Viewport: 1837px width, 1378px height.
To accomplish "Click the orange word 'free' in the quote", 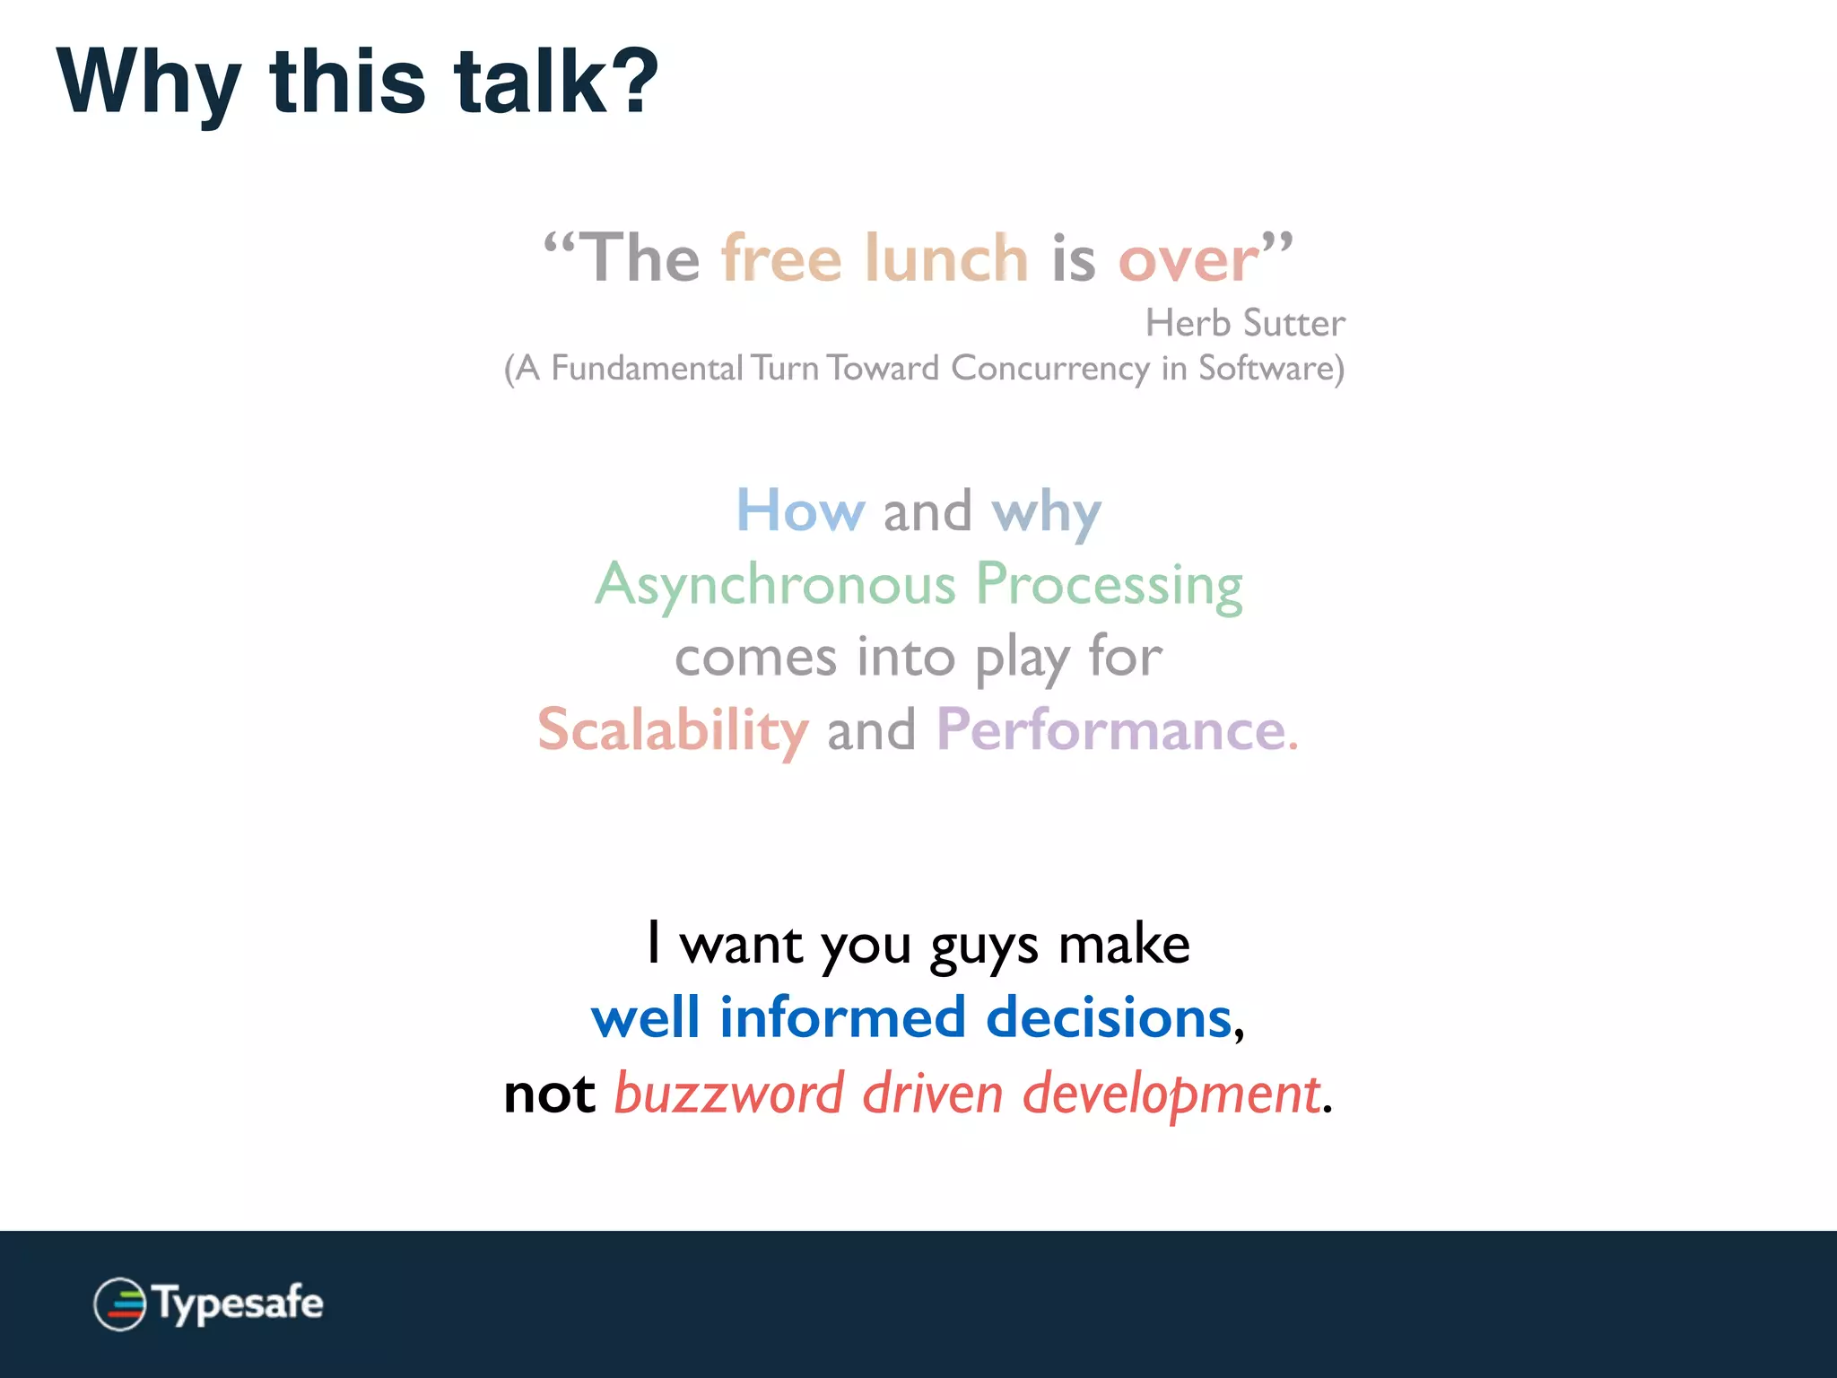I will pos(781,258).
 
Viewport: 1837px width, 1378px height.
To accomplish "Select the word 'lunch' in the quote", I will pos(946,258).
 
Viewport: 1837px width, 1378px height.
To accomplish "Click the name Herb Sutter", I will pos(1245,323).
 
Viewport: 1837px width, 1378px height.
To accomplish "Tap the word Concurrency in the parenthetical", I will pos(1049,369).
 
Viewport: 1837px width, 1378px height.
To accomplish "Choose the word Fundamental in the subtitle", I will pos(647,369).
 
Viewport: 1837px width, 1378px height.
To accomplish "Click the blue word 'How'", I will pos(800,510).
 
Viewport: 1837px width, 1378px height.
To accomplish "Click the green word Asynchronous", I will pos(776,585).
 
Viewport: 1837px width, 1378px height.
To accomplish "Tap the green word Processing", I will pos(1109,585).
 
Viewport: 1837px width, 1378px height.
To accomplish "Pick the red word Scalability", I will pos(674,729).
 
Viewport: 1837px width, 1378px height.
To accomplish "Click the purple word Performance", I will pos(1112,729).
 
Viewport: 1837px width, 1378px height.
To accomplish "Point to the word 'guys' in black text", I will pos(984,946).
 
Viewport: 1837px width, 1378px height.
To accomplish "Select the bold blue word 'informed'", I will pos(842,1017).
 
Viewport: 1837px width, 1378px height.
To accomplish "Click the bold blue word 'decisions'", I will pos(1109,1017).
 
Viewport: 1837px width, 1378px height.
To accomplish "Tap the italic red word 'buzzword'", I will pos(728,1094).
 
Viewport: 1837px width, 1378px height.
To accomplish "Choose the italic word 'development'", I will pos(1171,1094).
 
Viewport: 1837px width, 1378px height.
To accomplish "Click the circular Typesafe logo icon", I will pos(120,1304).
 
